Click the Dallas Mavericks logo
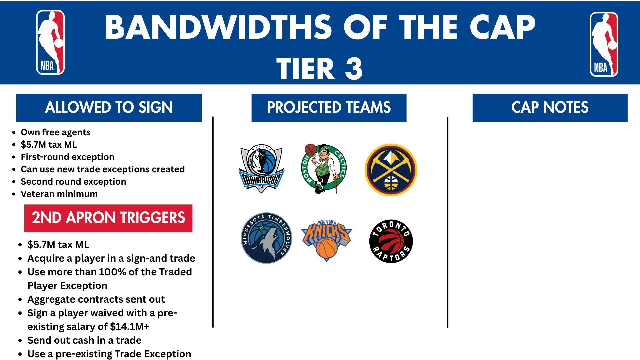[x=261, y=169]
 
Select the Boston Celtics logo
[x=324, y=169]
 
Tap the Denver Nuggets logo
[x=391, y=170]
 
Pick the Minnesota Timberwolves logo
[x=267, y=238]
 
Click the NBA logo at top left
[x=50, y=42]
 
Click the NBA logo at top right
[x=604, y=44]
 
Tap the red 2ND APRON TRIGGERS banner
[x=108, y=218]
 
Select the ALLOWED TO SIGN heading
[x=109, y=108]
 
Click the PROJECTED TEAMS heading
[x=329, y=108]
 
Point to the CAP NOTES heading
[x=550, y=108]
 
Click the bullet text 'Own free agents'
[x=56, y=132]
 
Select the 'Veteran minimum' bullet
[x=59, y=194]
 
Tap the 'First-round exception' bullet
[x=68, y=157]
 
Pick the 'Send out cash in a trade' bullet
[x=84, y=340]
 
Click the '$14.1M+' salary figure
[x=130, y=327]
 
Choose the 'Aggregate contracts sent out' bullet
[x=96, y=299]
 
